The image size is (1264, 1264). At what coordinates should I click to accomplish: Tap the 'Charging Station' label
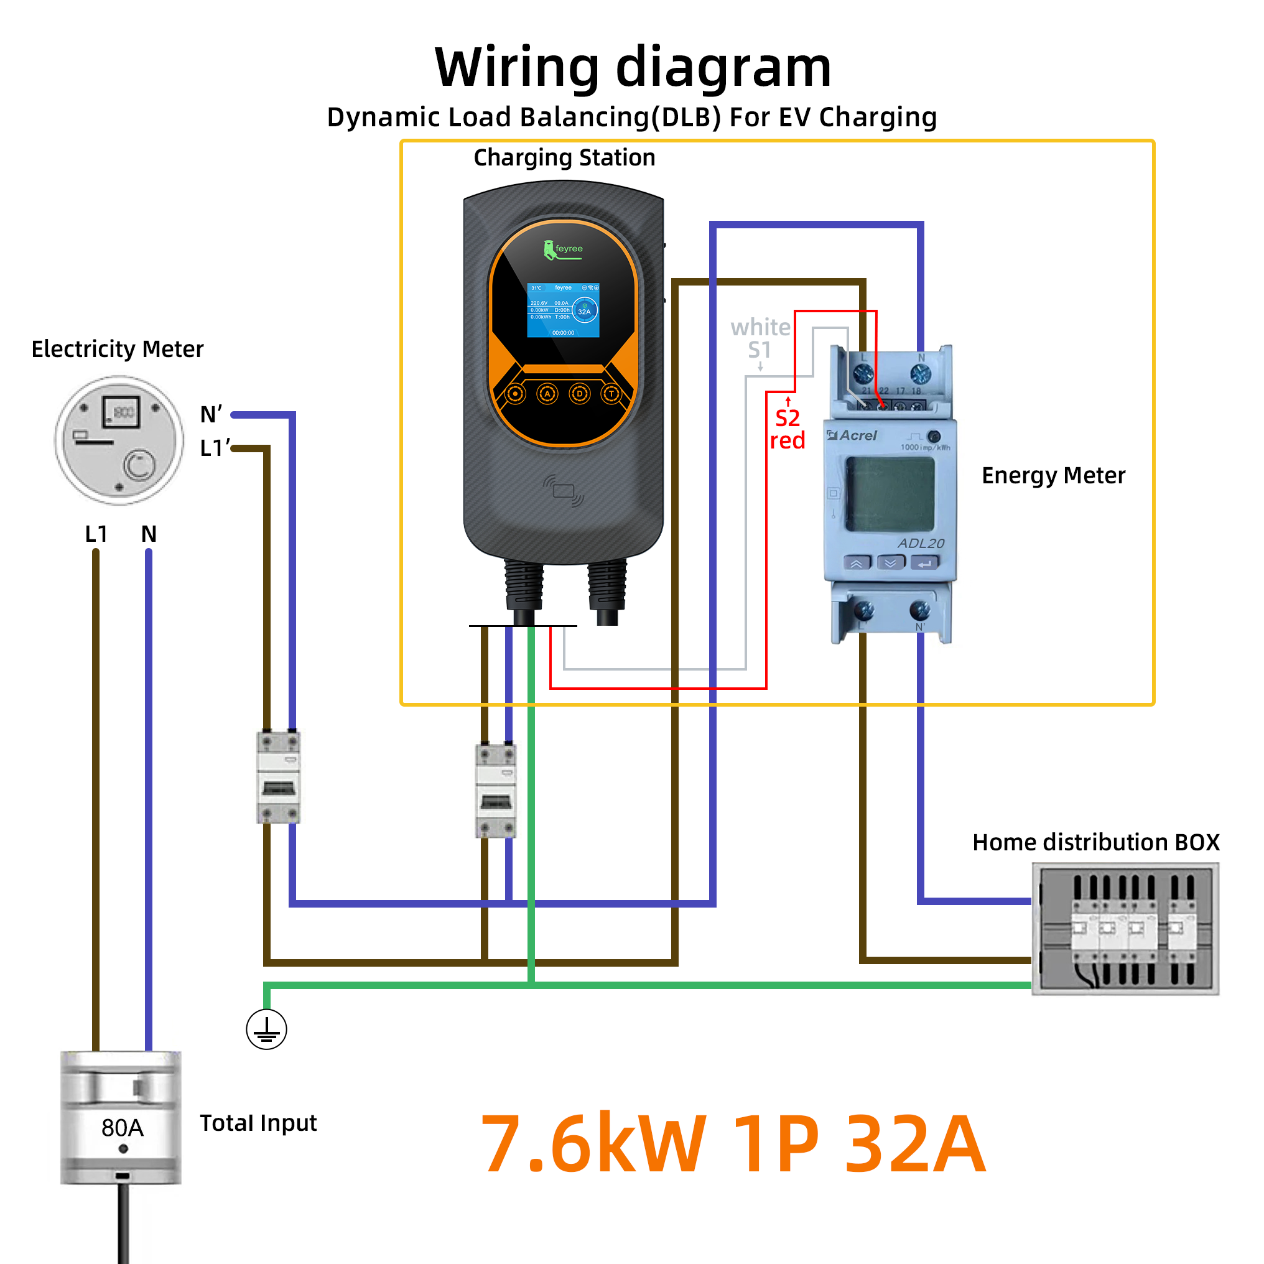click(x=564, y=157)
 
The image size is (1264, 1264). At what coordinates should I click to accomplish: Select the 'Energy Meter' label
click(x=1053, y=476)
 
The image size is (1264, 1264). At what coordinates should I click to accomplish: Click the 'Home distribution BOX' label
click(x=1095, y=842)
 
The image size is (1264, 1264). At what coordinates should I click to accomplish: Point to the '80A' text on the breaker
click(x=123, y=1128)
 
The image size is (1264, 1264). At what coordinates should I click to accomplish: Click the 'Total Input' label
click(x=258, y=1123)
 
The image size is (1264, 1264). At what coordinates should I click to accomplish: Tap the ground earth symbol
click(x=266, y=1029)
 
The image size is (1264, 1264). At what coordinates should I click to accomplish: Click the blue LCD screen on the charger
click(x=564, y=310)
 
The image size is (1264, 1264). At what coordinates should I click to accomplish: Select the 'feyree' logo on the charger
click(x=564, y=250)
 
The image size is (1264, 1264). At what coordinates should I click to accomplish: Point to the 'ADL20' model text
click(x=921, y=544)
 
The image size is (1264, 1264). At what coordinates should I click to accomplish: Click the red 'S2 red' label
click(x=787, y=429)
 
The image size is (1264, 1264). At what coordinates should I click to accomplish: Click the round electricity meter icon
click(x=119, y=440)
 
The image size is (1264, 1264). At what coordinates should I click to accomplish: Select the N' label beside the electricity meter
click(x=211, y=415)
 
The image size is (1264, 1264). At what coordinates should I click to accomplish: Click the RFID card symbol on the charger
click(x=564, y=491)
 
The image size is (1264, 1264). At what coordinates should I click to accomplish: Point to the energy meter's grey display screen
click(x=890, y=494)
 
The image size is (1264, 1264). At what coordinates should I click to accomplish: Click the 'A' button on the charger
click(x=547, y=394)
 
